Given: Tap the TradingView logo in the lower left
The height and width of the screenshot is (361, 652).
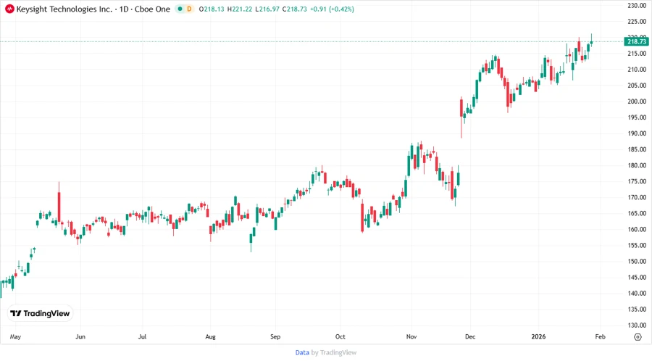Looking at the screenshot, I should tap(40, 313).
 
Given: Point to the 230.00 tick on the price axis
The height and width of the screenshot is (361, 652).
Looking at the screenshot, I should tap(637, 6).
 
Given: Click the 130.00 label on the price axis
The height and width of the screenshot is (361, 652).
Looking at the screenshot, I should tap(637, 325).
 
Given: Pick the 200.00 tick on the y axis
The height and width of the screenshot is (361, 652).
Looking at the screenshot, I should tap(637, 101).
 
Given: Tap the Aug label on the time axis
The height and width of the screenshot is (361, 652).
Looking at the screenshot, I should tap(211, 337).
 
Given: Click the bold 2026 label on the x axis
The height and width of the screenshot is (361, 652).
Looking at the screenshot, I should tap(538, 337).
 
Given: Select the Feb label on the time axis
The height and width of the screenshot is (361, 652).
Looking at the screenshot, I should tap(600, 337).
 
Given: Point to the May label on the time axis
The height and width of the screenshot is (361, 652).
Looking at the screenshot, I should tap(16, 337).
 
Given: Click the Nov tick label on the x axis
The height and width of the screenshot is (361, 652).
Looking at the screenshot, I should tap(411, 337).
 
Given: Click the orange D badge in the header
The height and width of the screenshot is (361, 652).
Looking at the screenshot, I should tap(190, 9).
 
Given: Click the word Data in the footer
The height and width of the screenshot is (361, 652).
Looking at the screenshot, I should tap(302, 352).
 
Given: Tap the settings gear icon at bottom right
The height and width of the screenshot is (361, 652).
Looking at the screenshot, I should tap(637, 337).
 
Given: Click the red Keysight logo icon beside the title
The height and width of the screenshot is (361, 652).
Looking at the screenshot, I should tap(9, 9).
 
